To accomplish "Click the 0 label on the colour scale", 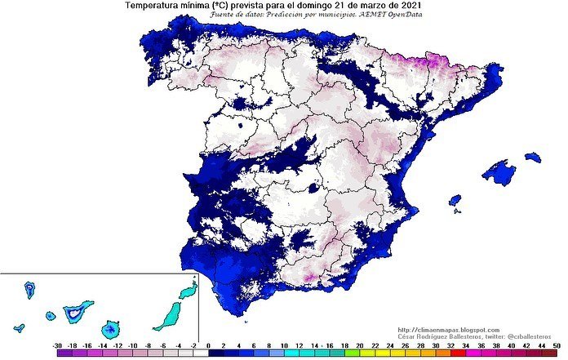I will click(209, 346).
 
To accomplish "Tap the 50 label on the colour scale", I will click(556, 346).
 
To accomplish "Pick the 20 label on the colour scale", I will click(348, 346).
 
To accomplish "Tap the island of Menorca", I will click(533, 157).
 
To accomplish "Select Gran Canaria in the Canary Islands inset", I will click(109, 328).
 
